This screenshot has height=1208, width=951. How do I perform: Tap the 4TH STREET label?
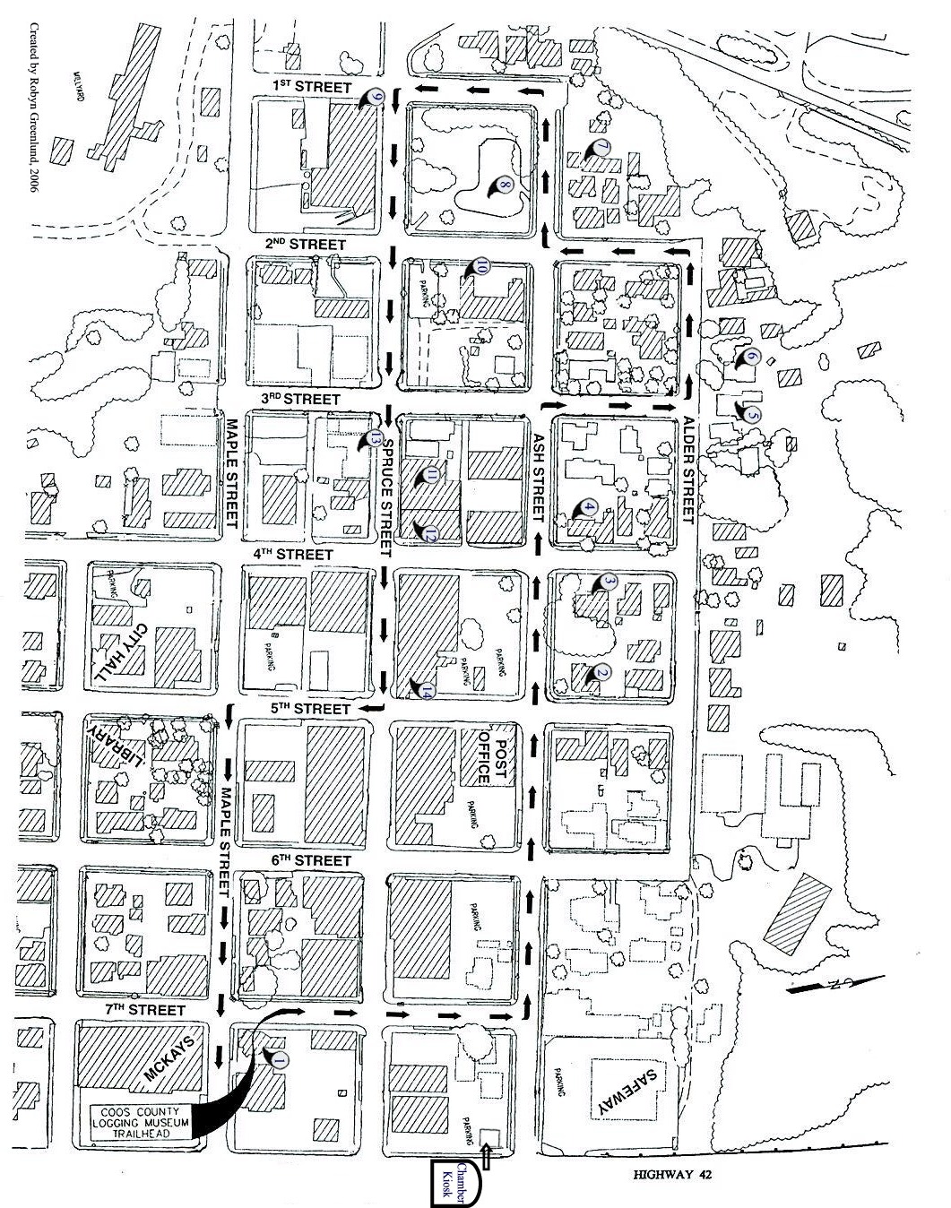coord(293,554)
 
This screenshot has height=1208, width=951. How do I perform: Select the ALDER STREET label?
coord(688,470)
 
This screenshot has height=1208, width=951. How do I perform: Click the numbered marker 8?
coord(504,186)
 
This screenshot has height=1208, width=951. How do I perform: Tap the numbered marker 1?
coord(279,1058)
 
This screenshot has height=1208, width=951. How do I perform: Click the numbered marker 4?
coord(588,507)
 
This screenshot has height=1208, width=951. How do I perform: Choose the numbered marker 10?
coord(480,266)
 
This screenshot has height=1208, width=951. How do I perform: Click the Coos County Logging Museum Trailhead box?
coord(143,1120)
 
